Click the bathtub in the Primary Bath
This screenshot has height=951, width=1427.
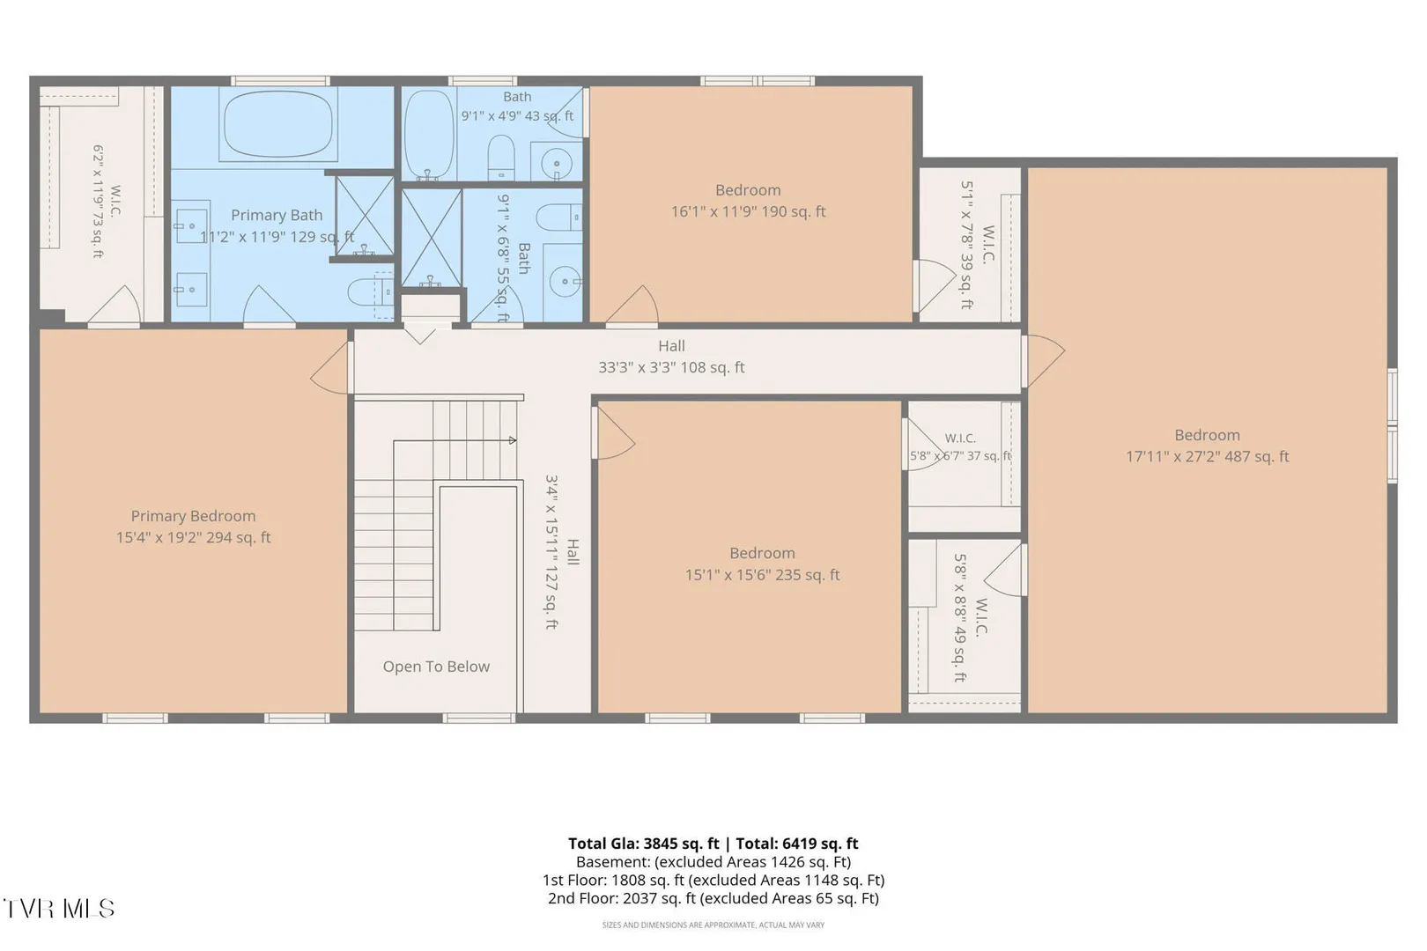(x=277, y=123)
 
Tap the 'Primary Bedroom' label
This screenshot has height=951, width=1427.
(x=193, y=516)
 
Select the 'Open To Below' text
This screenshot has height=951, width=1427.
(x=436, y=667)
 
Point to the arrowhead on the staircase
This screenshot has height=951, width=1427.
(x=513, y=440)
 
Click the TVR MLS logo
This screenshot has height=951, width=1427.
(x=59, y=909)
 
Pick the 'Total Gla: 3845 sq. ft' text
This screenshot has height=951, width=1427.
(x=643, y=844)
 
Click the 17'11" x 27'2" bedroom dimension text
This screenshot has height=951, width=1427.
(x=1207, y=457)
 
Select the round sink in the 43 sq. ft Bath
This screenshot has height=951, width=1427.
(x=556, y=163)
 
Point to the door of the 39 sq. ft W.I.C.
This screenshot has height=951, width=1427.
(x=935, y=285)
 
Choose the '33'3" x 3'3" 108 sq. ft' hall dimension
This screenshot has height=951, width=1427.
(x=671, y=367)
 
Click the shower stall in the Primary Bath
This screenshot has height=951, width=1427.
(x=365, y=216)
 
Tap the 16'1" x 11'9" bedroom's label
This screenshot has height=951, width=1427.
(x=748, y=190)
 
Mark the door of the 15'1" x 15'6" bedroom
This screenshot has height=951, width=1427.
(x=613, y=433)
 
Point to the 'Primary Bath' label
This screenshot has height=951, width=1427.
(x=277, y=216)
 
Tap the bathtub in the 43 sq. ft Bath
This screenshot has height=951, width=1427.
(x=430, y=135)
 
